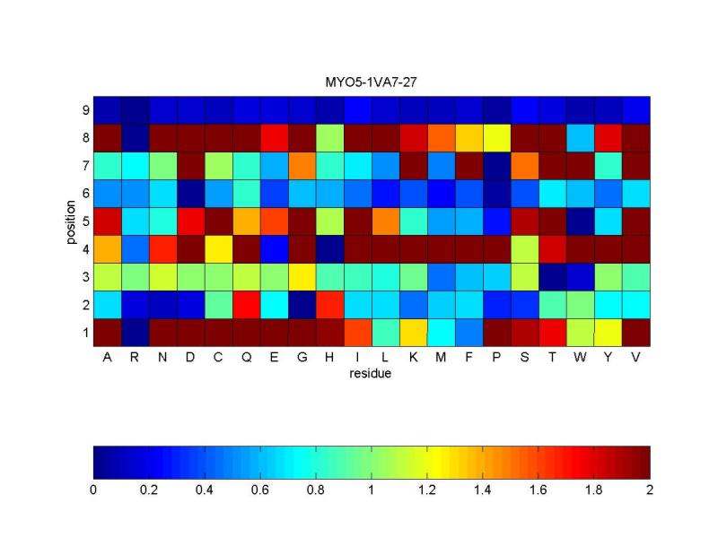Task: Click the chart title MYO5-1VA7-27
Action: pos(371,82)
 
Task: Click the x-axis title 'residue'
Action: pos(370,374)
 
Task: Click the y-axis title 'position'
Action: pos(71,221)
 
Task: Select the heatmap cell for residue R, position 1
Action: pos(136,333)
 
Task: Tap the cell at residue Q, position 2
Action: pos(246,305)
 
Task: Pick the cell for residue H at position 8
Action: pos(329,138)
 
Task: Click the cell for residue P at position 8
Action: pos(497,138)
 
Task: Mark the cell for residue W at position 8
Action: pos(580,138)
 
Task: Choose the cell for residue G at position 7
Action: pos(302,166)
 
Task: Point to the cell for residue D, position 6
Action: pos(191,194)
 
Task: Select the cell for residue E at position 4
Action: pos(275,249)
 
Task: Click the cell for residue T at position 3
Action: pos(553,277)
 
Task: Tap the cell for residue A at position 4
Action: pos(107,249)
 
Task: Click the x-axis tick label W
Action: pos(580,357)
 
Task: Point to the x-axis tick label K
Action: pos(413,357)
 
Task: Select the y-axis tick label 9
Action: pos(85,110)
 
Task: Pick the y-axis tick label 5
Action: pos(85,221)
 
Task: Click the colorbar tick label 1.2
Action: pos(427,490)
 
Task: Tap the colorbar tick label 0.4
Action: pos(205,490)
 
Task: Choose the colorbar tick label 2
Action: pos(650,490)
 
